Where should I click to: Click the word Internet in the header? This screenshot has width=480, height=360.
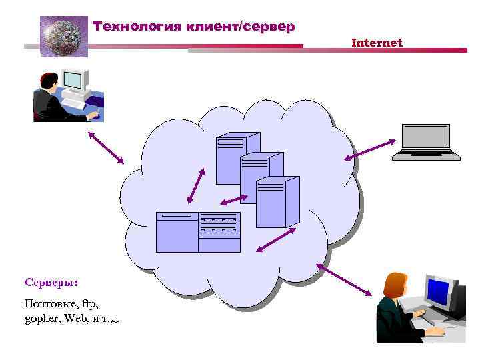pos(377,43)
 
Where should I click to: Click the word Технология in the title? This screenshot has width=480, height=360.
pos(137,27)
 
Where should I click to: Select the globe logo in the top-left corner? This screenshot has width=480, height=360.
pos(64,36)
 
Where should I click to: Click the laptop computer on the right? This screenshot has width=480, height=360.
pos(426,142)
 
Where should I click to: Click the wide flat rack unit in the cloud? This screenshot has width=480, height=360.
pos(197,232)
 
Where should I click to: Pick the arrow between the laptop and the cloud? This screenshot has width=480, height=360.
pos(370,149)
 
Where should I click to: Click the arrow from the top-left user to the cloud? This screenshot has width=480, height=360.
pos(106,146)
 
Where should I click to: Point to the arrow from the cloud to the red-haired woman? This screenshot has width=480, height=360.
pos(344,279)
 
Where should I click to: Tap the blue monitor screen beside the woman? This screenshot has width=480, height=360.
pos(437,291)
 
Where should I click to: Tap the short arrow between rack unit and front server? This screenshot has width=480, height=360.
pos(234,199)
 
